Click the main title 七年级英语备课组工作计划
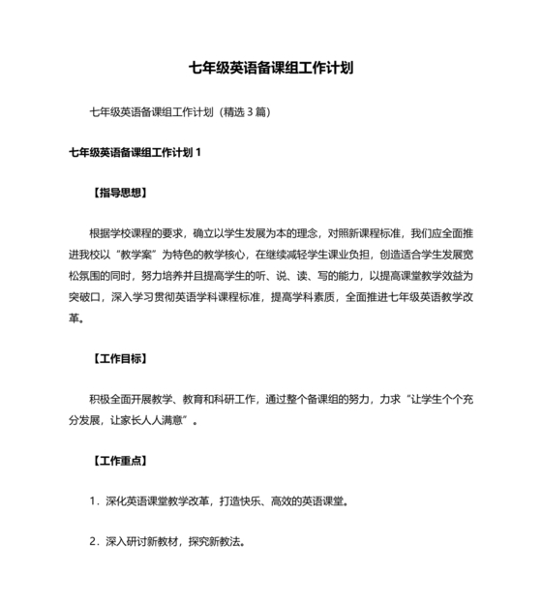[271, 69]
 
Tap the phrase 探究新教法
[217, 543]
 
